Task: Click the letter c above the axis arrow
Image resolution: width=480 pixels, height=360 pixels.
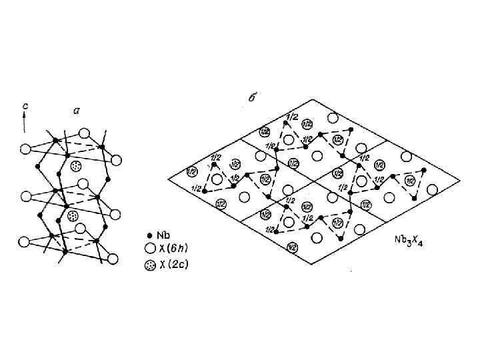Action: click(x=24, y=105)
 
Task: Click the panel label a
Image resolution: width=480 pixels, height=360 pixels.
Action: click(x=76, y=112)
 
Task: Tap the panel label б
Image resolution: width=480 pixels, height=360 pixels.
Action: click(x=253, y=97)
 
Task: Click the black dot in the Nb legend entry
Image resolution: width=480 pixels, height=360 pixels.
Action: click(x=149, y=235)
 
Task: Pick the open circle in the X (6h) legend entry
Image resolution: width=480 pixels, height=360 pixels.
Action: click(x=149, y=249)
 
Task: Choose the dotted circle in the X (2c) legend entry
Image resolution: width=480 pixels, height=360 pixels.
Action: click(x=149, y=265)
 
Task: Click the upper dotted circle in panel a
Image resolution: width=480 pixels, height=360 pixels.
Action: click(x=75, y=165)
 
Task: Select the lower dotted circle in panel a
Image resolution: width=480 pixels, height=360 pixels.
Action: click(x=73, y=216)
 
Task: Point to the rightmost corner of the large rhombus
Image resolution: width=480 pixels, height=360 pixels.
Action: click(x=459, y=181)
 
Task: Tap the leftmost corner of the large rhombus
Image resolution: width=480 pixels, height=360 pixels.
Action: click(x=167, y=180)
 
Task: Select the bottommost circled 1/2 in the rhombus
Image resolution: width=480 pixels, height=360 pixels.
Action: click(x=291, y=247)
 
